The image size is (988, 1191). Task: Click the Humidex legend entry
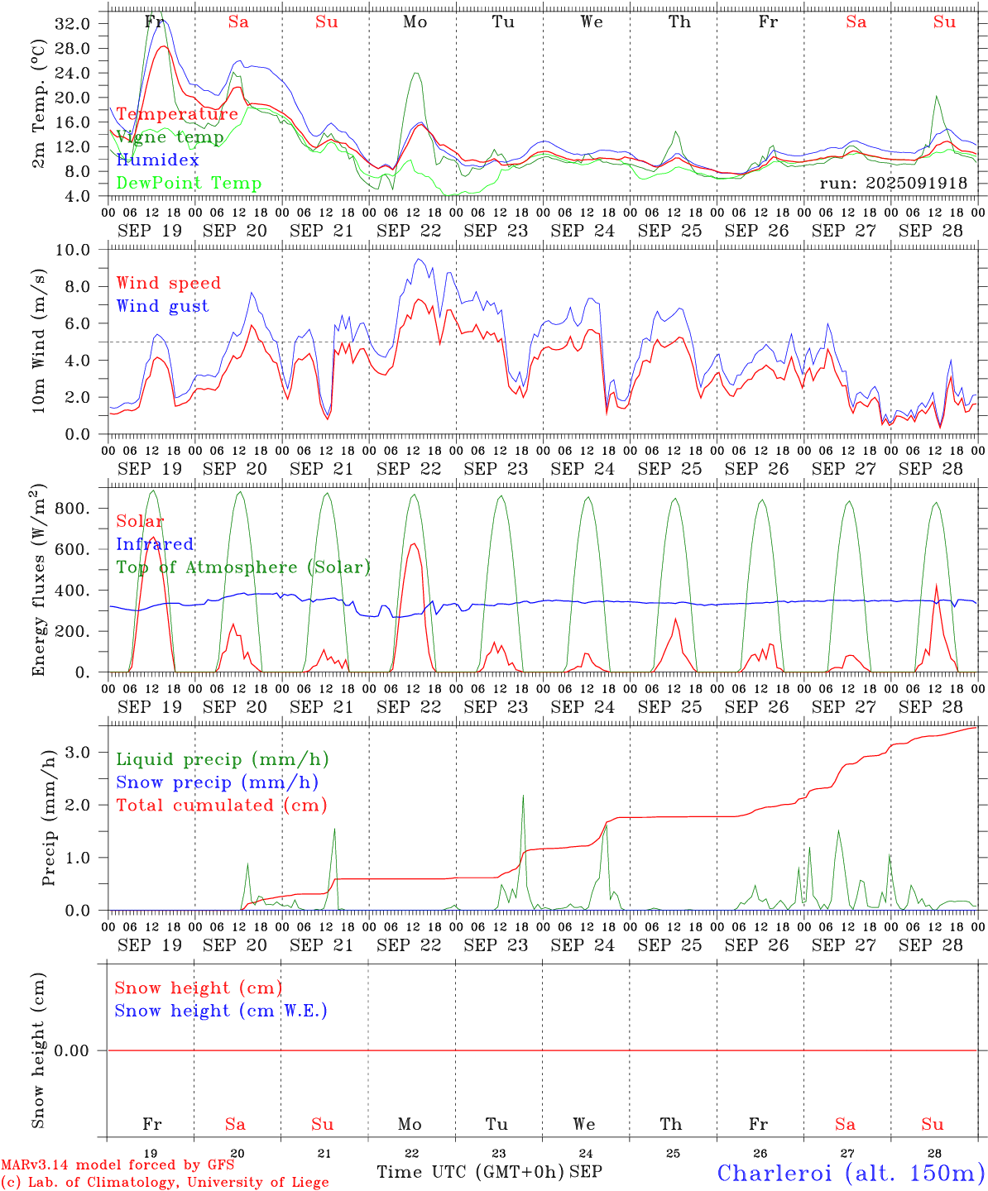[157, 160]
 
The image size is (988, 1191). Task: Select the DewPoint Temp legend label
[189, 184]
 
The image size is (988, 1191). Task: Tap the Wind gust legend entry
[162, 306]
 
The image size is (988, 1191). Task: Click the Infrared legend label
[155, 544]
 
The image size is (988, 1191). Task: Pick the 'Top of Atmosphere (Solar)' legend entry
[242, 567]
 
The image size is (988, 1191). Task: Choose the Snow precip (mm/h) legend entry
[217, 782]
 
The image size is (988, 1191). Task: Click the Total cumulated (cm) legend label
[221, 806]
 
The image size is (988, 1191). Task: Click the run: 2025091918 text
[893, 184]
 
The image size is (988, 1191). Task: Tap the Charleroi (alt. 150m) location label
[851, 1173]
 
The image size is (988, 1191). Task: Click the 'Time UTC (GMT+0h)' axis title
[471, 1172]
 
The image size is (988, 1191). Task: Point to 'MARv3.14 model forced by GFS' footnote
[118, 1165]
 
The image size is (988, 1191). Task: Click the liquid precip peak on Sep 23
[523, 796]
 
